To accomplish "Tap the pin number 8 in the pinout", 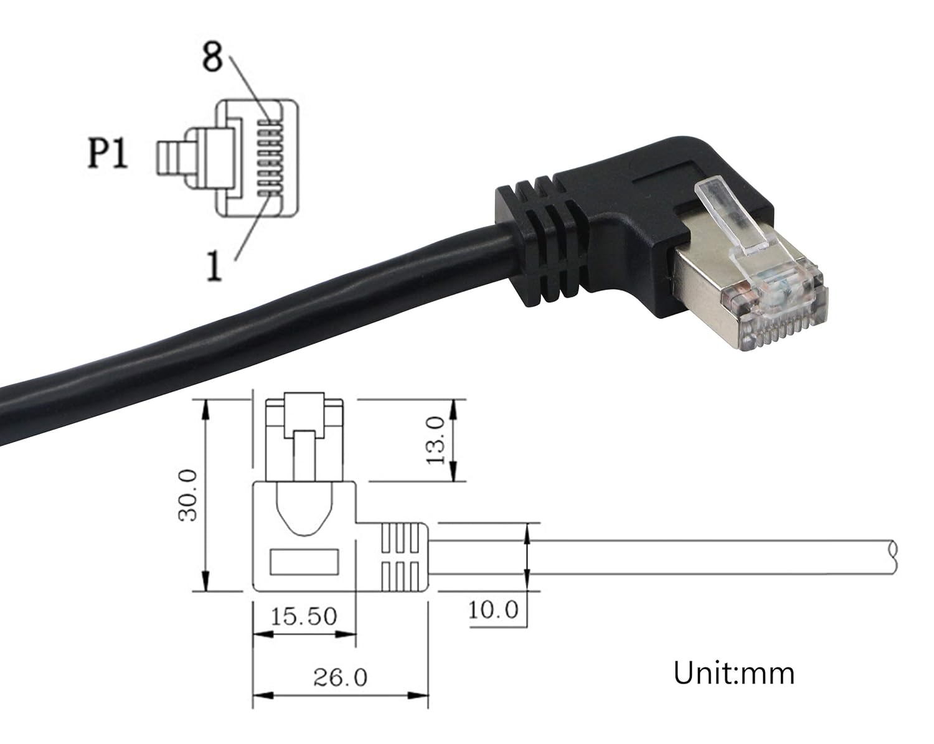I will [x=212, y=57].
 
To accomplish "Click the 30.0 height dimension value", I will [x=187, y=495].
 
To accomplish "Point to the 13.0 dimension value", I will [x=435, y=440].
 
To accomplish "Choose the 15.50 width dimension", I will [x=304, y=616].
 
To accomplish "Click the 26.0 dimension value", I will [x=340, y=677].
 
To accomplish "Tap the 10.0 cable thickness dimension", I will [x=493, y=610].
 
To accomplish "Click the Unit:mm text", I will [x=734, y=673].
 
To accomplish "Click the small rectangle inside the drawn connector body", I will [x=304, y=562].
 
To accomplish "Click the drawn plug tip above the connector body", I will [x=304, y=436].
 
